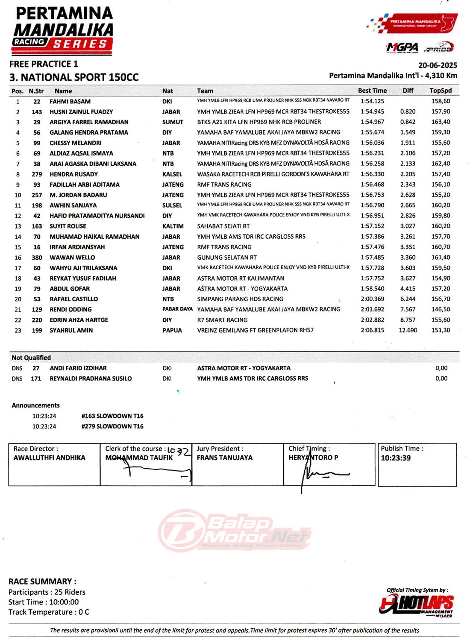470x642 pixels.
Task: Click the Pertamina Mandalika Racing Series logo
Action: (x=63, y=31)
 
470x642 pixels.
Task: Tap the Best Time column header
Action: (x=372, y=91)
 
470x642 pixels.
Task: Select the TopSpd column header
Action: (x=441, y=91)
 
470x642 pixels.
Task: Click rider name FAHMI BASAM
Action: (x=70, y=102)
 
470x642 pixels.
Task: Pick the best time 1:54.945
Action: (x=372, y=111)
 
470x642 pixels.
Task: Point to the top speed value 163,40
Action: (x=441, y=122)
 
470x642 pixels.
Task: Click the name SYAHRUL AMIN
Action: (x=71, y=330)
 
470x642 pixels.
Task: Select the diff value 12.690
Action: (x=408, y=330)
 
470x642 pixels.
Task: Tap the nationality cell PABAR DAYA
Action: (x=177, y=309)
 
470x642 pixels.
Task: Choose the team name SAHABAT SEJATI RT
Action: (x=223, y=226)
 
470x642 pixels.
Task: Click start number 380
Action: (x=37, y=258)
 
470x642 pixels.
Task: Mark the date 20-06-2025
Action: (x=438, y=65)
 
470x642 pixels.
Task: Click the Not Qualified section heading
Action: (x=31, y=358)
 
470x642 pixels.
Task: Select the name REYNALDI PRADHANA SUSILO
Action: (x=91, y=378)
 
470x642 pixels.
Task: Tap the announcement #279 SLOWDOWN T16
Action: (x=112, y=426)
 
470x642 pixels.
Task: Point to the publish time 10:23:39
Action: (x=396, y=458)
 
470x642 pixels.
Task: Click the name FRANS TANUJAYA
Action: (x=224, y=457)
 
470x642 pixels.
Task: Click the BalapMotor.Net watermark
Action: (x=235, y=530)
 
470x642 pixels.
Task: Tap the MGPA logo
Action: (x=402, y=47)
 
